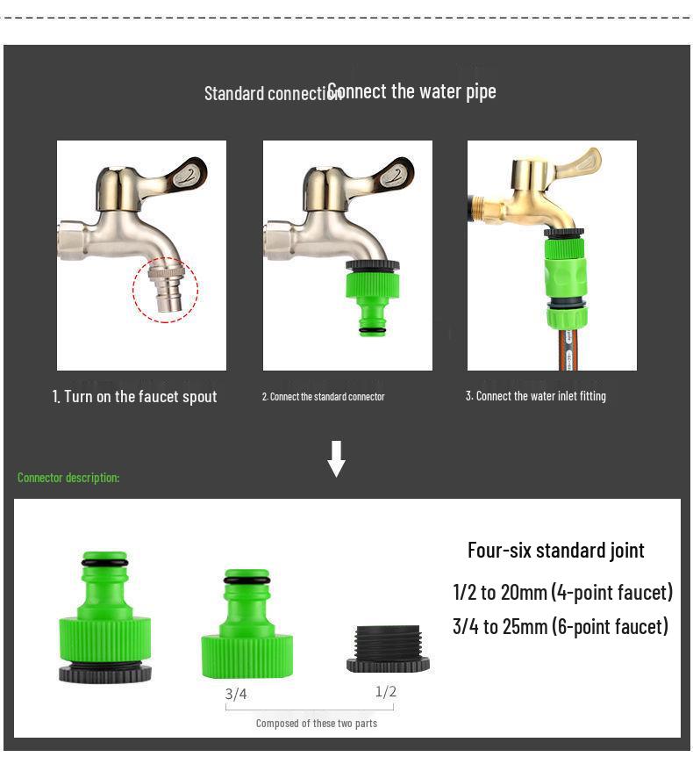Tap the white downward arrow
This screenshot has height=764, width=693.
pos(336,458)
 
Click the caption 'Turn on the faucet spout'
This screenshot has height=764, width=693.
pos(134,397)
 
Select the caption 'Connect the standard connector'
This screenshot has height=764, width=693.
pos(323,397)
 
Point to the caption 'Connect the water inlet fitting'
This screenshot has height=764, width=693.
pos(535,396)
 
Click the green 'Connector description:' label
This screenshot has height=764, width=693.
pos(68,478)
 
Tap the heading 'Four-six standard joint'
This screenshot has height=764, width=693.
pos(555,551)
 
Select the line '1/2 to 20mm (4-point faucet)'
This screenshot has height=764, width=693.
pos(562,592)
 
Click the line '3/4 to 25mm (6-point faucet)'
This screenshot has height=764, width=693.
pos(560,626)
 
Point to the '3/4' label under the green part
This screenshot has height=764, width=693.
pos(236,694)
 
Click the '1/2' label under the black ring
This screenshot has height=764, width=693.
pos(386,692)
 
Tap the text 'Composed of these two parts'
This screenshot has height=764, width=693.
pos(316,724)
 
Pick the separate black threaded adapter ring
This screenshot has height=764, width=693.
pos(388,649)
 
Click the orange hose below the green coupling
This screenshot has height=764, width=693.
pos(565,348)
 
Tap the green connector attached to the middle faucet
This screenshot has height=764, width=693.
pos(372,295)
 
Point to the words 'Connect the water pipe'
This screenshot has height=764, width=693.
pos(412,91)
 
